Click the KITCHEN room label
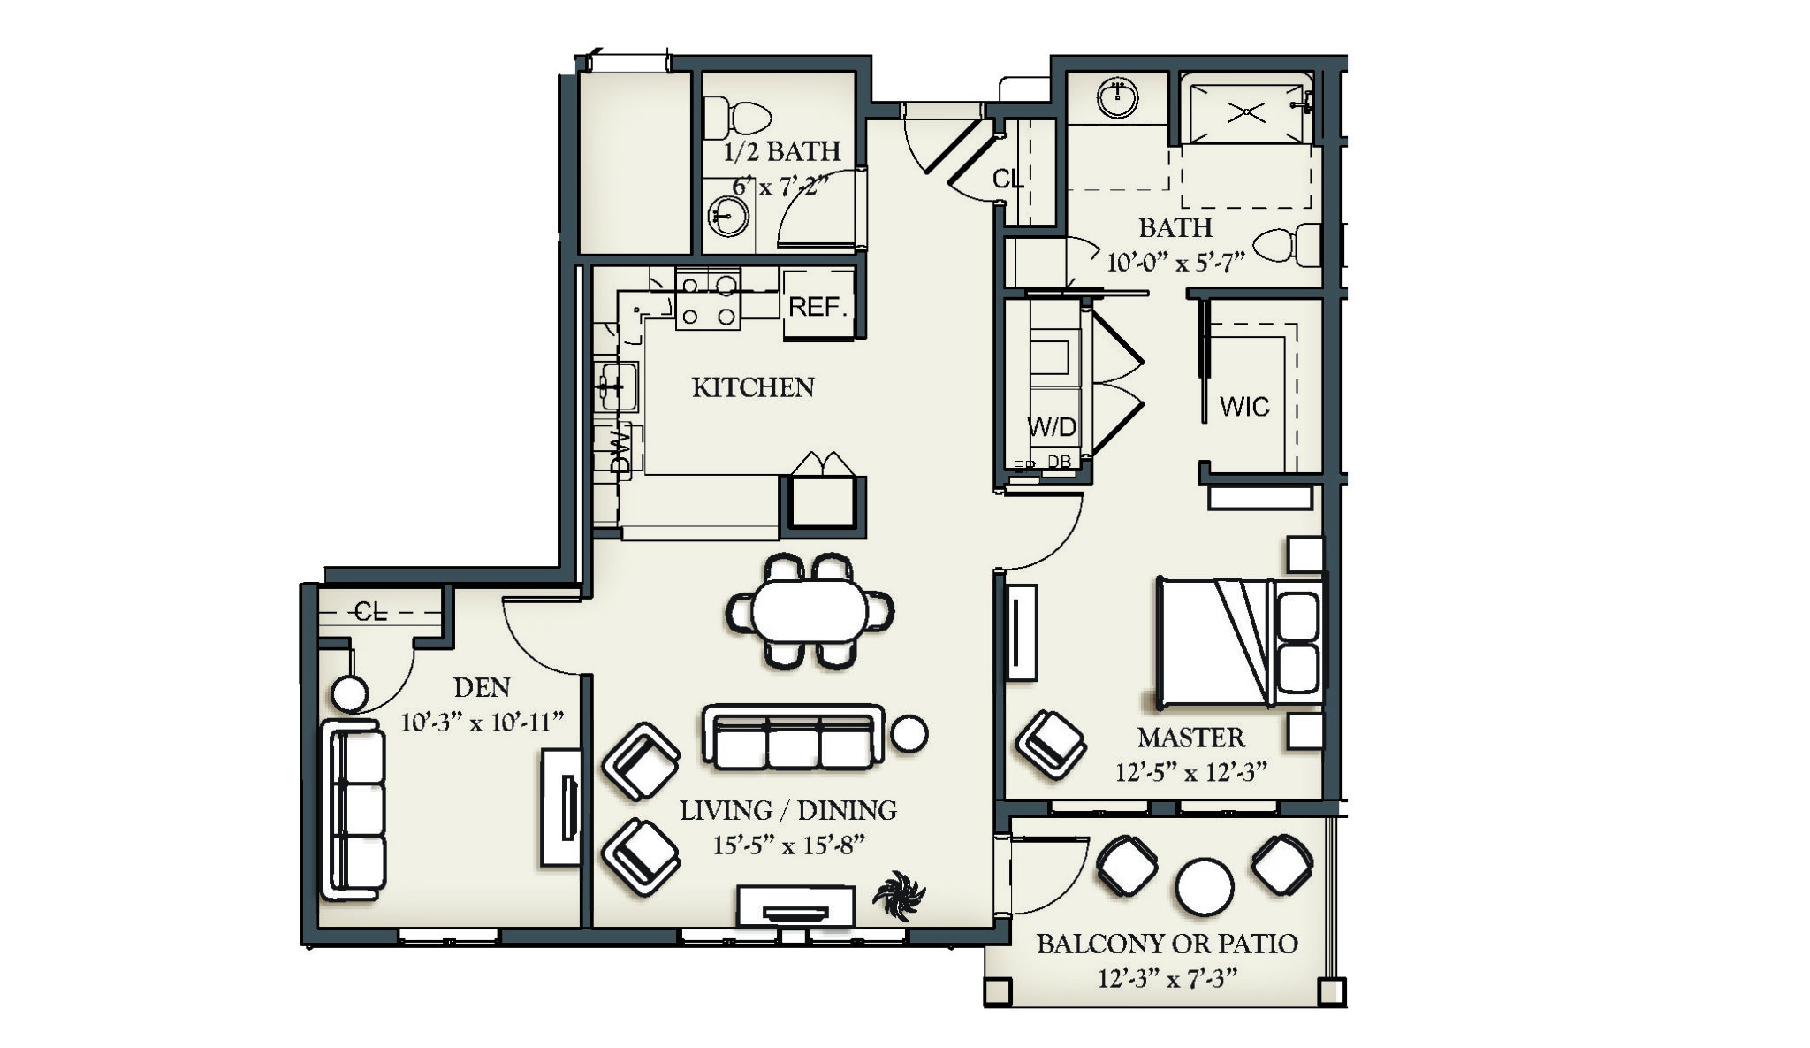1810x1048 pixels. click(752, 387)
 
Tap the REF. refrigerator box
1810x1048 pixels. click(818, 306)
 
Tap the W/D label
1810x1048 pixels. click(1052, 427)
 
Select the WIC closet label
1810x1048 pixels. click(1243, 407)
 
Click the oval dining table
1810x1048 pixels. click(810, 610)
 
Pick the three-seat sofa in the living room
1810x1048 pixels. click(794, 738)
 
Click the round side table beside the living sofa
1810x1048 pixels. click(909, 733)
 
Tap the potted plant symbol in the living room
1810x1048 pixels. click(899, 896)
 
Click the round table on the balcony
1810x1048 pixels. click(1204, 886)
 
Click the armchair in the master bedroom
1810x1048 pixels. click(1051, 745)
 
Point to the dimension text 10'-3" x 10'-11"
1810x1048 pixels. click(482, 723)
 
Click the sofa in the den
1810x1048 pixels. click(354, 810)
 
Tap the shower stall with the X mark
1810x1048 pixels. click(1246, 112)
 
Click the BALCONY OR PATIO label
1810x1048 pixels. click(1167, 944)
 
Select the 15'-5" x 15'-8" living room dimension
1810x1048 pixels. click(788, 845)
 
